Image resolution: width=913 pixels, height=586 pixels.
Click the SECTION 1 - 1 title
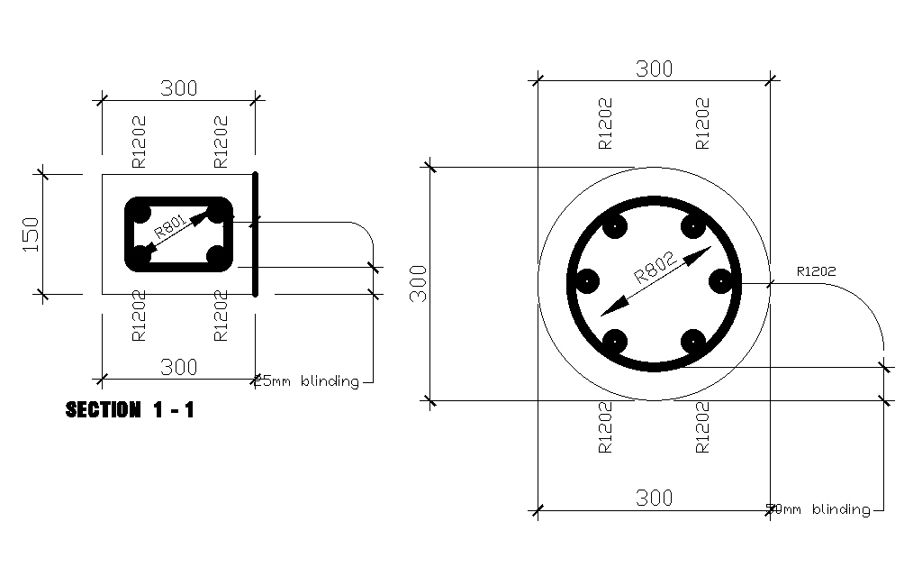(x=130, y=410)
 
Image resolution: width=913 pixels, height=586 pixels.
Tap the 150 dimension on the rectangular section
(x=31, y=233)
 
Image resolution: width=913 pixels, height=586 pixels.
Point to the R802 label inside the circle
(x=654, y=267)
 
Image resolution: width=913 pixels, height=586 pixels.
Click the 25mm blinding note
(x=309, y=381)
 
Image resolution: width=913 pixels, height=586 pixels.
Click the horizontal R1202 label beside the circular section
(x=816, y=270)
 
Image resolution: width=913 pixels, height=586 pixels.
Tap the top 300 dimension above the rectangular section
(x=178, y=88)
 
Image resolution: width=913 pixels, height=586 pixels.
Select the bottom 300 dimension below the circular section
(x=655, y=498)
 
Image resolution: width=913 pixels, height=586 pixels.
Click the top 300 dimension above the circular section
(x=655, y=69)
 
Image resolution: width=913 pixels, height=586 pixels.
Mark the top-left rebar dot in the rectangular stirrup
(x=140, y=215)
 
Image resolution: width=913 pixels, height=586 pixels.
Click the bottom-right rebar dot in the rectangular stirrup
(x=218, y=257)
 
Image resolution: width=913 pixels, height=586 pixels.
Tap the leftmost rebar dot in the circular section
(x=586, y=282)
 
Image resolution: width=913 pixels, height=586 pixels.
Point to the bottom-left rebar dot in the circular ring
(x=615, y=342)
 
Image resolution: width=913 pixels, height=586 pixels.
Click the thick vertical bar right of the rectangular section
(x=256, y=233)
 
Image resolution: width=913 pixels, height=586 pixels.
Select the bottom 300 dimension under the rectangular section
(x=178, y=367)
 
